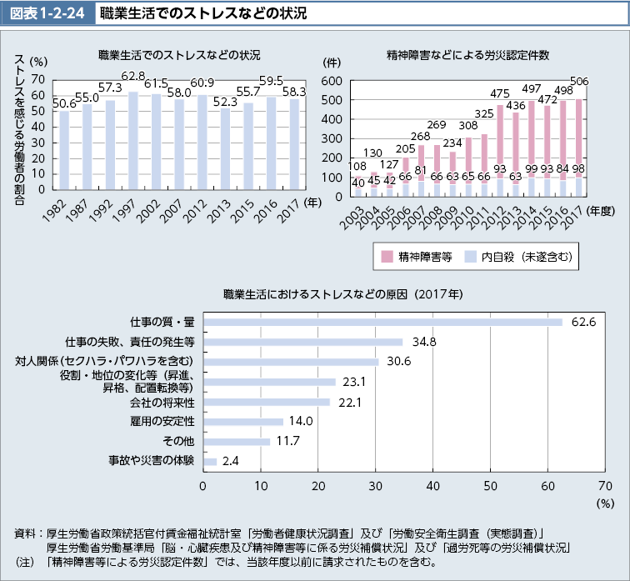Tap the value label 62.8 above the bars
pos(133,77)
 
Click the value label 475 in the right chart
pos(500,93)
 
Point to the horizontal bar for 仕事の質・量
pos(382,322)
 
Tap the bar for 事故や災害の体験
pos(210,461)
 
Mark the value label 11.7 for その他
pos(288,441)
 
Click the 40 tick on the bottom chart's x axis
pos(432,485)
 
